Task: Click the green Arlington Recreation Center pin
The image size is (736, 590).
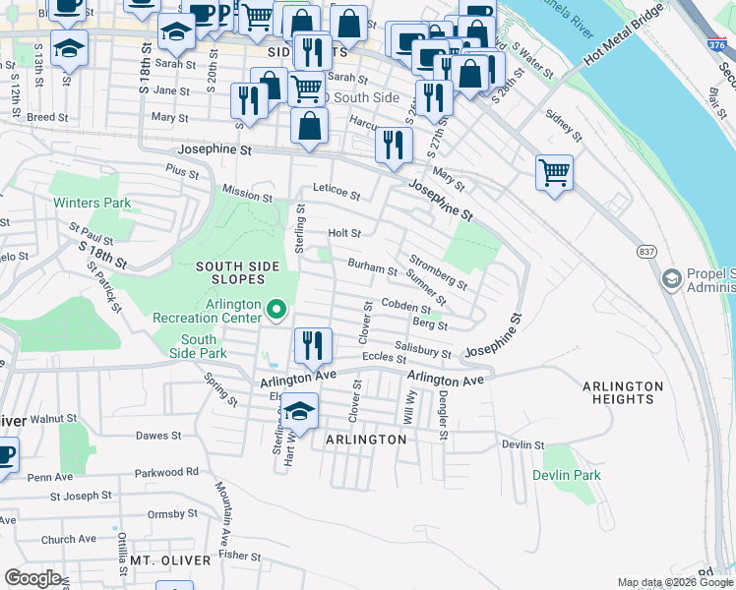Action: pos(276,312)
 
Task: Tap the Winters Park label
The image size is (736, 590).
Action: pos(92,204)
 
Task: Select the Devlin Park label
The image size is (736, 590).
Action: pos(566,475)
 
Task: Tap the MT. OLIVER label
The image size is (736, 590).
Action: pos(170,560)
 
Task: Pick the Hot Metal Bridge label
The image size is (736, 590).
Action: pos(623,53)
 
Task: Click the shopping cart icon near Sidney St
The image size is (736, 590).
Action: pos(555,173)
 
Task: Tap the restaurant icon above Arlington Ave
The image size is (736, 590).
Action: pos(313,345)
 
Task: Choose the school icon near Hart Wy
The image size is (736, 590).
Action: pos(299,410)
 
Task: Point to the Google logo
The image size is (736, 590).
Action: pos(33,578)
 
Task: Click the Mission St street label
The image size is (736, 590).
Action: pos(247,196)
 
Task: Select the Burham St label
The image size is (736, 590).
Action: pos(372,267)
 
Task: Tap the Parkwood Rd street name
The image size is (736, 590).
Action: pos(167,471)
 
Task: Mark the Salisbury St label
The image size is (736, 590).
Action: pos(423,349)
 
